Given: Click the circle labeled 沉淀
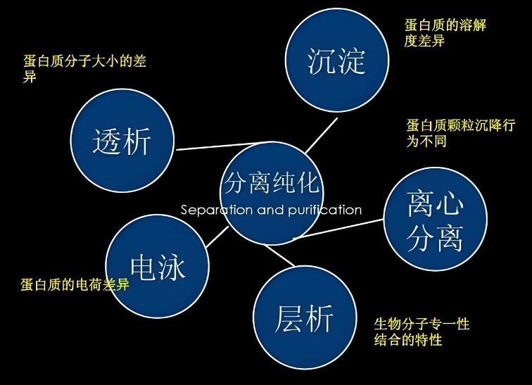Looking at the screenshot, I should coord(337,61).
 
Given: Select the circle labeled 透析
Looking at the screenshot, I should coord(122,140).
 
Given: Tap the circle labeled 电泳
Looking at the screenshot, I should coord(158,266).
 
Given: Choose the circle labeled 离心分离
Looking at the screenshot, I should coord(435,219).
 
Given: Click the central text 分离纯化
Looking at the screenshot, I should coord(272,182).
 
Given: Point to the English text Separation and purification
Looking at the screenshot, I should coord(271,210).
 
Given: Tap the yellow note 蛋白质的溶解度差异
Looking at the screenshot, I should coord(445,33).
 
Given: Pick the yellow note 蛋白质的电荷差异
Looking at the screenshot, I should coord(75,285).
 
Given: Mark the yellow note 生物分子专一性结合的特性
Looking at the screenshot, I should coord(421,332).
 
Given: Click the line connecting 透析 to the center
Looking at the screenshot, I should coord(204,147).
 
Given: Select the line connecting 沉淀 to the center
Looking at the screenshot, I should coord(322,134).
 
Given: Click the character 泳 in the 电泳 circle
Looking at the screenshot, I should coord(172,267).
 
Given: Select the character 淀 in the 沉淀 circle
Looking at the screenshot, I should coord(352,61).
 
